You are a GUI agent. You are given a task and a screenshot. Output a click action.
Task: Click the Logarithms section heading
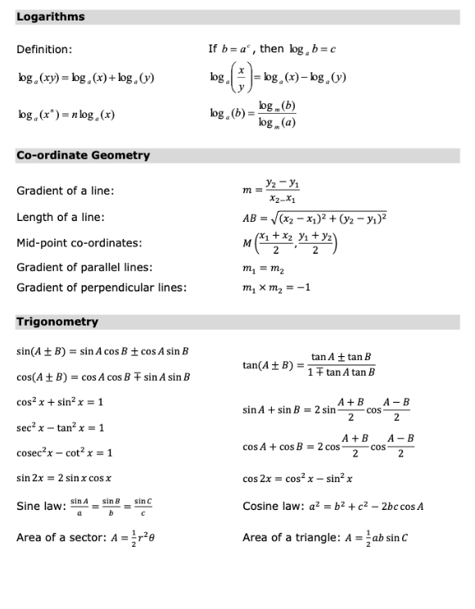tap(51, 16)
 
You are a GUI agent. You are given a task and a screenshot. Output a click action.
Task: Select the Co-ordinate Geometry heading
tap(83, 155)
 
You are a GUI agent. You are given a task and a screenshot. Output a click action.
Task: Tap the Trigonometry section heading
tap(57, 322)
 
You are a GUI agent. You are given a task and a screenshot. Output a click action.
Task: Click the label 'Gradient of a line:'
tap(66, 191)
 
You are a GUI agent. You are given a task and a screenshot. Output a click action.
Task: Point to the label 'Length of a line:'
tap(61, 217)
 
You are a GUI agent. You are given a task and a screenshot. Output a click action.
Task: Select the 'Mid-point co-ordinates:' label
tap(79, 243)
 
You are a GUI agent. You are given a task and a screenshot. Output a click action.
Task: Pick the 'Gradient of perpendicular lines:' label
tap(102, 287)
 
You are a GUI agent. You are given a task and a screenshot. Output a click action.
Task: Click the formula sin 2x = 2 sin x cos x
tap(70, 477)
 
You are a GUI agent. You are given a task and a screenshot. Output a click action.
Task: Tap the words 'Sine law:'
tap(41, 506)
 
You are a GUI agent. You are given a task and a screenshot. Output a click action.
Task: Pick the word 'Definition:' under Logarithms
tap(44, 50)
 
